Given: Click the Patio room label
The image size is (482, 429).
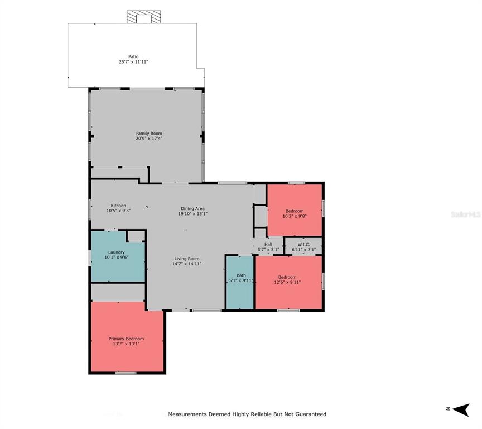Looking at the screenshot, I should tap(133, 56).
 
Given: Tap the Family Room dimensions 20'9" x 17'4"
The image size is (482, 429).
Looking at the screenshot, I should tap(149, 139).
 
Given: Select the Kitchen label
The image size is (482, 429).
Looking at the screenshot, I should tap(118, 206).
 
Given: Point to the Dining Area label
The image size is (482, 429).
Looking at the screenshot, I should tap(192, 208).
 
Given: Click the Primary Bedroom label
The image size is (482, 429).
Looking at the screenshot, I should tap(126, 339).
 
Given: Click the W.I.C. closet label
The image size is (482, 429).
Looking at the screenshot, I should tap(303, 244).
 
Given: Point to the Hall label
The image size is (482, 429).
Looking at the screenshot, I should tap(268, 244).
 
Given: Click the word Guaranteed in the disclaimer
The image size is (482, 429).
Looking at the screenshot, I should tap(308, 414).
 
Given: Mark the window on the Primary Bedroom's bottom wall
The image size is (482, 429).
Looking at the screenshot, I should tap(126, 373).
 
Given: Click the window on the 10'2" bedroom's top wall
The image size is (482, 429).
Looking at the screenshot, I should tap(296, 183).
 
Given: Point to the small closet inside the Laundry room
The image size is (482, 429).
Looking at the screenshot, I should tap(136, 236).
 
